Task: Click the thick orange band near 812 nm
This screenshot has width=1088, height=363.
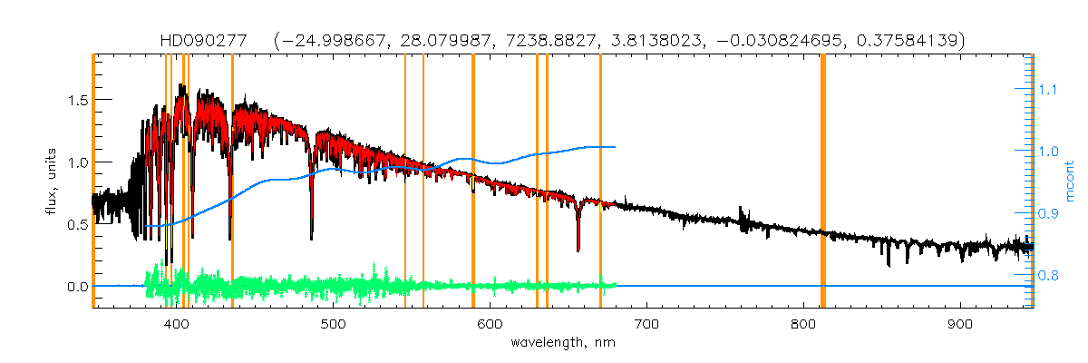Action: [x=822, y=181]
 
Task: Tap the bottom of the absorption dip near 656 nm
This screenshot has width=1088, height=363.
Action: [x=578, y=250]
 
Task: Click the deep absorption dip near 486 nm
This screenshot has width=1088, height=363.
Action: [x=311, y=239]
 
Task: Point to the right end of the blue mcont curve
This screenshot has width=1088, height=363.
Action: [x=616, y=147]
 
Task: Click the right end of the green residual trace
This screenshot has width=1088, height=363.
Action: [x=616, y=285]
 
